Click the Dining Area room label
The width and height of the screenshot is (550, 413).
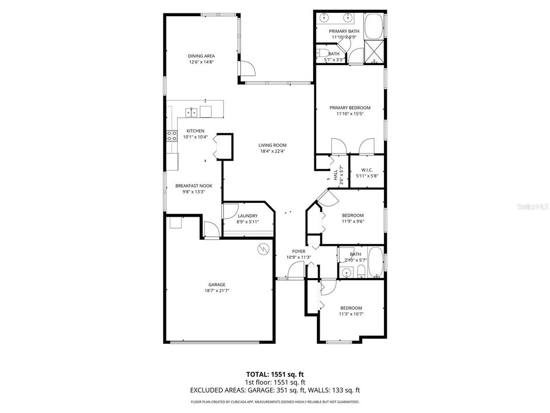201,56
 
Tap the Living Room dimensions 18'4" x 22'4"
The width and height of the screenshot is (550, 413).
272,151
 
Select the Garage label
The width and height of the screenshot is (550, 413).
217,284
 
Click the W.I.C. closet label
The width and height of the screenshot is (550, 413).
367,170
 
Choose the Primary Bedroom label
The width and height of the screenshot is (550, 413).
350,108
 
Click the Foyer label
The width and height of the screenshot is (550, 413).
299,251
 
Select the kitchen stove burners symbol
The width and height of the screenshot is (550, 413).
172,136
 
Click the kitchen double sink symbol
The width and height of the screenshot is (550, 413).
191,112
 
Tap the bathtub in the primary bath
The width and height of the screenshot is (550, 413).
374,25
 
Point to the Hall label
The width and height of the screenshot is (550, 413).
335,175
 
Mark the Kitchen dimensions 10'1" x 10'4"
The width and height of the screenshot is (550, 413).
195,137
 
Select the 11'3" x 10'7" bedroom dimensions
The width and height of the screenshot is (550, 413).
351,314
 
